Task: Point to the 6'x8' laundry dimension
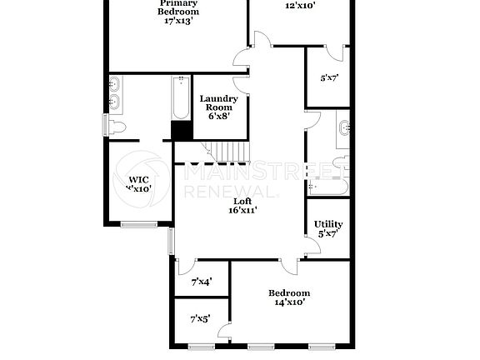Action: tap(218, 116)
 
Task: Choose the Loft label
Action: tap(242, 201)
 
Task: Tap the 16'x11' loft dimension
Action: tap(242, 211)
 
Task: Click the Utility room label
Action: tap(328, 224)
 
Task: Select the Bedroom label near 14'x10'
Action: tap(288, 292)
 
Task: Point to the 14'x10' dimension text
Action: tap(288, 302)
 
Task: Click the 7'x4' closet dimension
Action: tap(201, 282)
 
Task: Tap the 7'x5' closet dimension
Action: tap(200, 318)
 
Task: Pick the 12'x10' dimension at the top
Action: tap(301, 5)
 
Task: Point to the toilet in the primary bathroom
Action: tap(117, 126)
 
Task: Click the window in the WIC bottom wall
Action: tap(138, 223)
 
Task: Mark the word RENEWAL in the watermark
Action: tap(228, 192)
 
